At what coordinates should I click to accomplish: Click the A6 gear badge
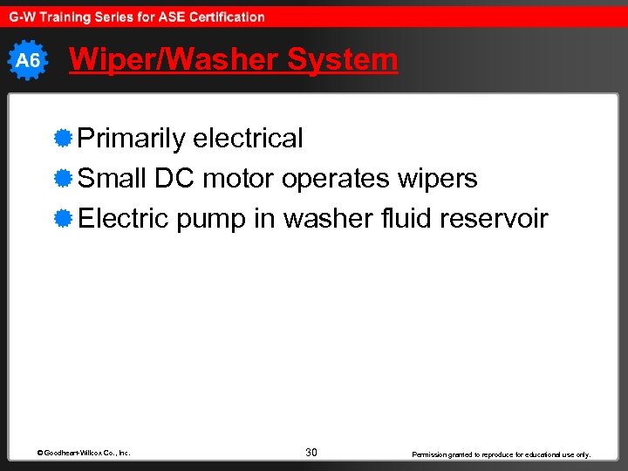[x=28, y=60]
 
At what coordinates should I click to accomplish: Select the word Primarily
[x=132, y=138]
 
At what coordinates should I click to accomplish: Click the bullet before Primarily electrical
[x=62, y=137]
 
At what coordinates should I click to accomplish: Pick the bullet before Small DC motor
[x=62, y=178]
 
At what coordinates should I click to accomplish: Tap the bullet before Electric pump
[x=62, y=218]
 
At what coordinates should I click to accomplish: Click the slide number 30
[x=311, y=453]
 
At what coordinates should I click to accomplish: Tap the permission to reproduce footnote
[x=502, y=454]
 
